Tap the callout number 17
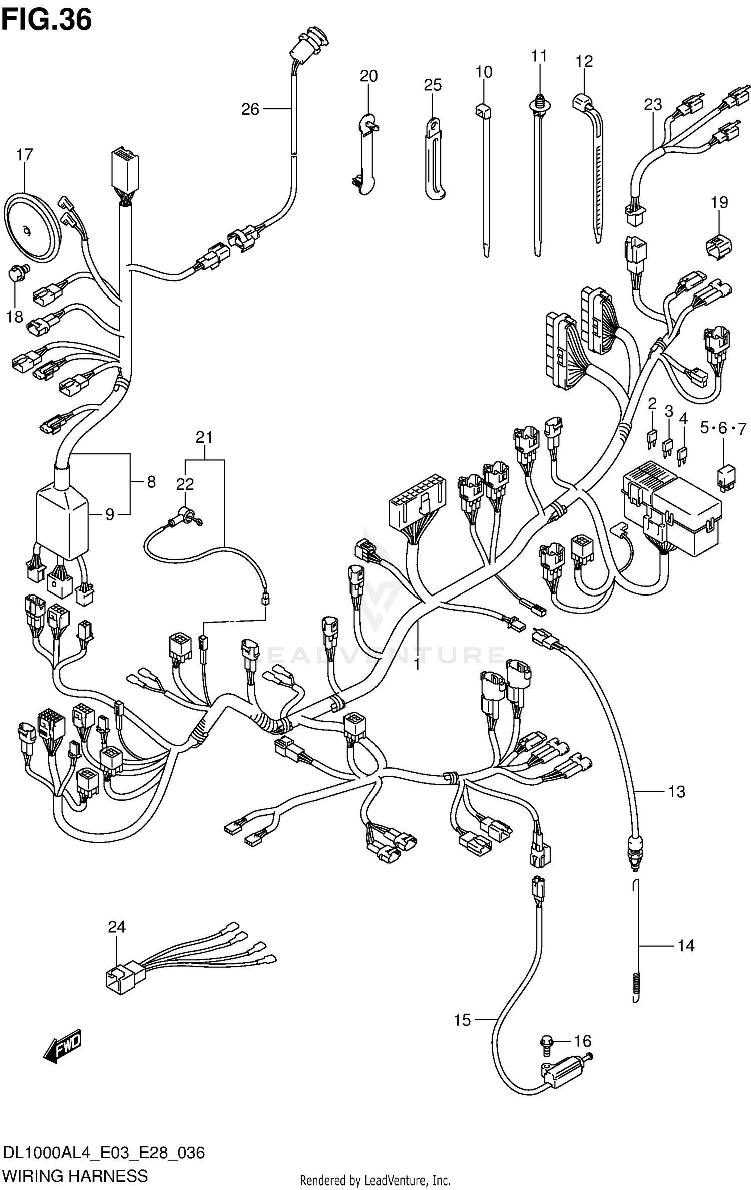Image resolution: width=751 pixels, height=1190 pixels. point(24,155)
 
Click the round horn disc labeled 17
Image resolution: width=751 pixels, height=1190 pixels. point(33,228)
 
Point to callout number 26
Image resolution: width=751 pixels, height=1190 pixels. point(250,109)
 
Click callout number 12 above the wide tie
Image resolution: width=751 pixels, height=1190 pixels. point(584,61)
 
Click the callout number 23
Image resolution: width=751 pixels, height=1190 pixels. point(653,104)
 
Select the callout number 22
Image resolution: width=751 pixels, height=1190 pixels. point(185,483)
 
